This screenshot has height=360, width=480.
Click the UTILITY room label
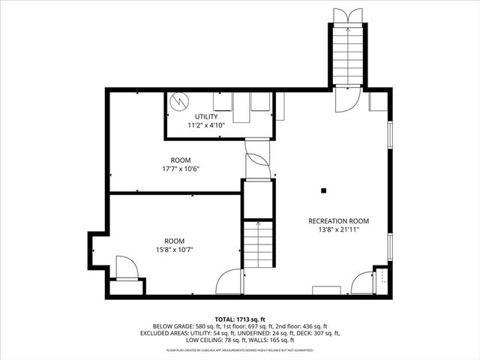[206, 117]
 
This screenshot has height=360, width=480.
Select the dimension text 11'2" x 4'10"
[206, 125]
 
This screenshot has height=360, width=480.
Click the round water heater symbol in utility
[179, 101]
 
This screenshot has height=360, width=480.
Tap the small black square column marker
[323, 190]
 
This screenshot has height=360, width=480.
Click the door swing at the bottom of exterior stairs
[348, 100]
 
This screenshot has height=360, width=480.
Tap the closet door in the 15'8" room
[125, 268]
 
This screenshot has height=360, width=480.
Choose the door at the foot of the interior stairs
[229, 282]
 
